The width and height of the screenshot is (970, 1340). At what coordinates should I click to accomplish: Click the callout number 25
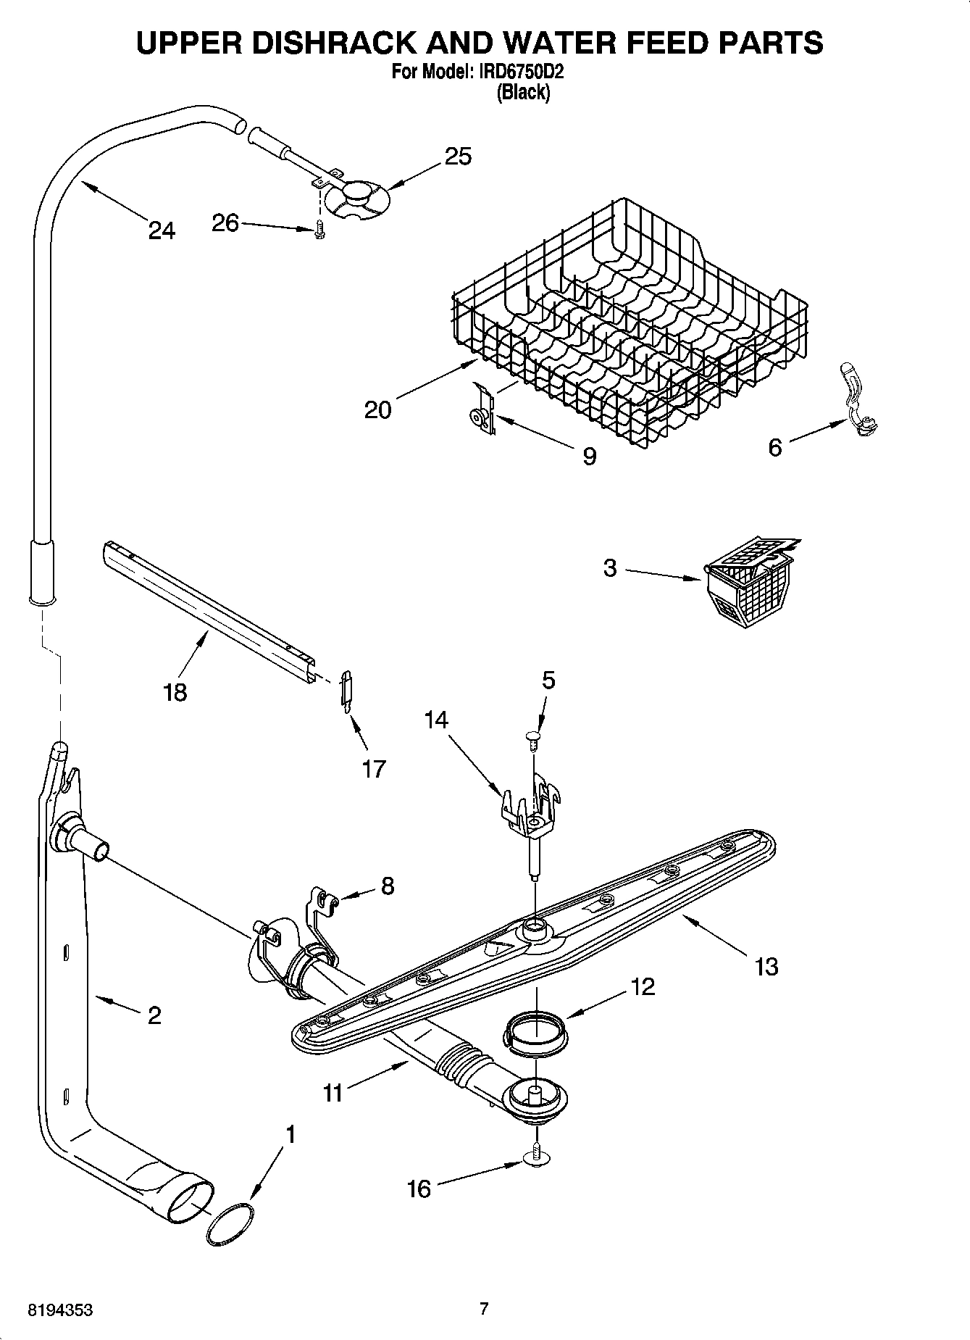[458, 156]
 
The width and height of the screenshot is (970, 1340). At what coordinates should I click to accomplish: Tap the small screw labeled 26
[320, 230]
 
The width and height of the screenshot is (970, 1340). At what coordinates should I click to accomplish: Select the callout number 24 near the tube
[162, 230]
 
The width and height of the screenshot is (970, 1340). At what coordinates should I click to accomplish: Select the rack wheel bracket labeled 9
[481, 414]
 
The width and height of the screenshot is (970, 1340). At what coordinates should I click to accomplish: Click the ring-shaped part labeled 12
[536, 1030]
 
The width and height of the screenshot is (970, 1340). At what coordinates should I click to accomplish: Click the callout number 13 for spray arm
[766, 966]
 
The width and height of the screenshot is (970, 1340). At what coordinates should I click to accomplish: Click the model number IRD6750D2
[521, 72]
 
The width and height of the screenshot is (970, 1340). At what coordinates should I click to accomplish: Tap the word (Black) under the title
[522, 93]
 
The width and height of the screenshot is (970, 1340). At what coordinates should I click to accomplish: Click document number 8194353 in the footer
[60, 1310]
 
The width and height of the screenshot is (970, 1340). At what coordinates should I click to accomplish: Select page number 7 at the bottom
[484, 1309]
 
